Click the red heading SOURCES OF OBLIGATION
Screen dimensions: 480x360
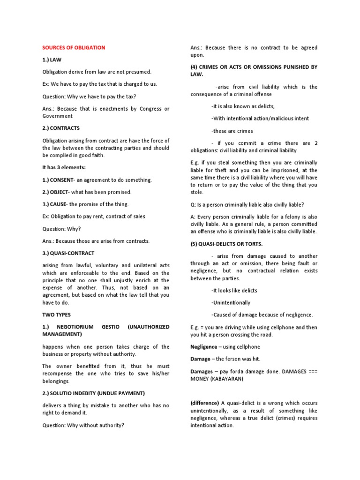click(x=74, y=47)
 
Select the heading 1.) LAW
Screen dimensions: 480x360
click(x=52, y=60)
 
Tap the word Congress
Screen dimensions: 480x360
click(x=145, y=109)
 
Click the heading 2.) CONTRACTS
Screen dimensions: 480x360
click(x=61, y=128)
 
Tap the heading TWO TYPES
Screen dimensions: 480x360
click(x=56, y=315)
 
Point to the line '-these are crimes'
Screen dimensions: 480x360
click(x=232, y=131)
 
